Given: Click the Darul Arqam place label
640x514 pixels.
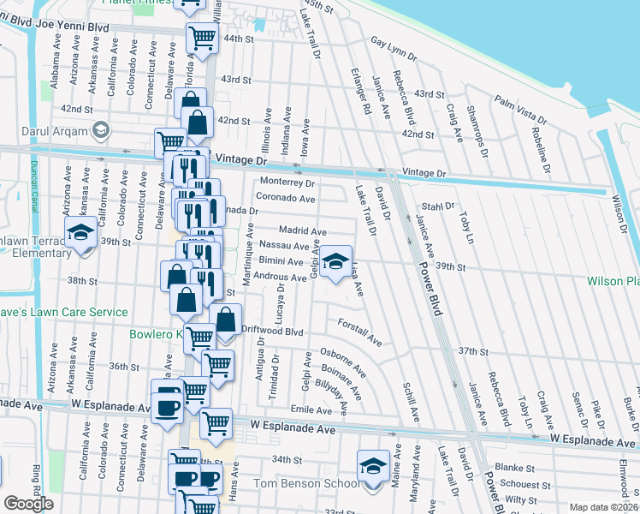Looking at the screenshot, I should pyautogui.click(x=57, y=130).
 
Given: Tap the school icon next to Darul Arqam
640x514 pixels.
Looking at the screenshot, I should pyautogui.click(x=100, y=130).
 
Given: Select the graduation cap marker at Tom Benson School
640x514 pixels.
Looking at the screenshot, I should pyautogui.click(x=372, y=466).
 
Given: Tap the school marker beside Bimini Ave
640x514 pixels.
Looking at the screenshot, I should pyautogui.click(x=336, y=260).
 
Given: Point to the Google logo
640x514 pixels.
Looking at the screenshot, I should pyautogui.click(x=28, y=503).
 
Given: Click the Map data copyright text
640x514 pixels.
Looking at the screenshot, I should pyautogui.click(x=604, y=507).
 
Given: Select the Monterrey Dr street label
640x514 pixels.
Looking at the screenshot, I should pyautogui.click(x=287, y=182).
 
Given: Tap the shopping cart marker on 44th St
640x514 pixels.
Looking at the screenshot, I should pyautogui.click(x=202, y=38).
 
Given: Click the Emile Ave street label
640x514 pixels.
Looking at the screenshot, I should pyautogui.click(x=311, y=410).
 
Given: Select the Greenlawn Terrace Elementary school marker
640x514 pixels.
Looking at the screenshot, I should pyautogui.click(x=81, y=234).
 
